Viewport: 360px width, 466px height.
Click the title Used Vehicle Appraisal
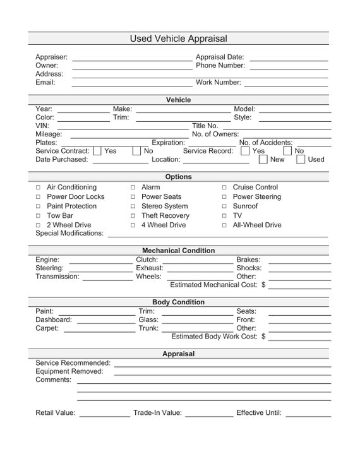coord(179,39)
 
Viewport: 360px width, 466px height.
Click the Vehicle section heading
coord(179,100)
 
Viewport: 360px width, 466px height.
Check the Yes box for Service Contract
coord(97,151)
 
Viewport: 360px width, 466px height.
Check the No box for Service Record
coord(287,151)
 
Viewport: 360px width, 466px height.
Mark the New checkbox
coord(263,159)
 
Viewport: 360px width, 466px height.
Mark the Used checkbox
coord(301,159)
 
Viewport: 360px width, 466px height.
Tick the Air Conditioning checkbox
coord(38,188)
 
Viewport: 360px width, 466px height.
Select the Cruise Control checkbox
coord(224,188)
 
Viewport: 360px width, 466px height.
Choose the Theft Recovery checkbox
coord(133,216)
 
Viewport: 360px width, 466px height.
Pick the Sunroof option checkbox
coord(224,206)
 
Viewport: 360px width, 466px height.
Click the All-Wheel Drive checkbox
coord(224,225)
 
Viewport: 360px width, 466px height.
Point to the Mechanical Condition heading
coord(179,251)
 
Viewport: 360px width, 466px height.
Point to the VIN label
coord(42,126)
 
